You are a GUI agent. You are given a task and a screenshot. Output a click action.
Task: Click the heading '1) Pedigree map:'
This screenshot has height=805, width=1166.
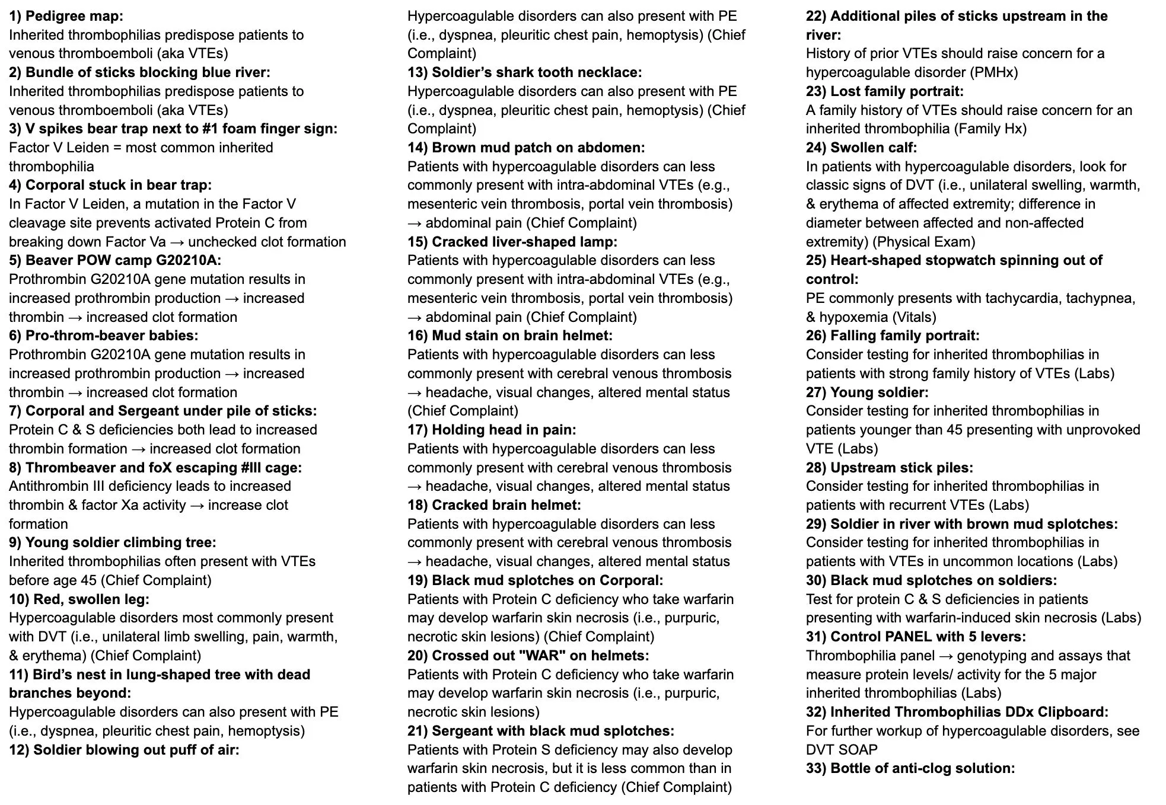pyautogui.click(x=66, y=16)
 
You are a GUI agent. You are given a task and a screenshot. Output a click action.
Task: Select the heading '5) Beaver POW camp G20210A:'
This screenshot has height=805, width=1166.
pyautogui.click(x=115, y=260)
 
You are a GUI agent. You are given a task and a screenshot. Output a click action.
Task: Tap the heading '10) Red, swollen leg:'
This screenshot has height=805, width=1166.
pyautogui.click(x=79, y=599)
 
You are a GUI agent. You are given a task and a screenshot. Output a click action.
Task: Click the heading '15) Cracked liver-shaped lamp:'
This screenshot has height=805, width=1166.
pyautogui.click(x=512, y=242)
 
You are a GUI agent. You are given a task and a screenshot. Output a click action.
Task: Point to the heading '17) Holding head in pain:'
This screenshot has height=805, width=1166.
pyautogui.click(x=492, y=430)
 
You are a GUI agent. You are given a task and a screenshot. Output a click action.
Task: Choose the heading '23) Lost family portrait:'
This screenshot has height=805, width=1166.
pyautogui.click(x=884, y=91)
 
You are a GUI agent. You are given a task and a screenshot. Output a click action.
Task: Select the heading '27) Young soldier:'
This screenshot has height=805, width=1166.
pyautogui.click(x=867, y=392)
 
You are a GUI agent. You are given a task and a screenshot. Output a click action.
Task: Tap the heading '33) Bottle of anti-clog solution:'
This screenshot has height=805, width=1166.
pyautogui.click(x=910, y=768)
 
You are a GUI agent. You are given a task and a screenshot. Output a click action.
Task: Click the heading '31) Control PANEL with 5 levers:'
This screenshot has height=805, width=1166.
pyautogui.click(x=916, y=637)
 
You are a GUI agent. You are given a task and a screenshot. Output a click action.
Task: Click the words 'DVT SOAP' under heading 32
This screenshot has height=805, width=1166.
pyautogui.click(x=842, y=749)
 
